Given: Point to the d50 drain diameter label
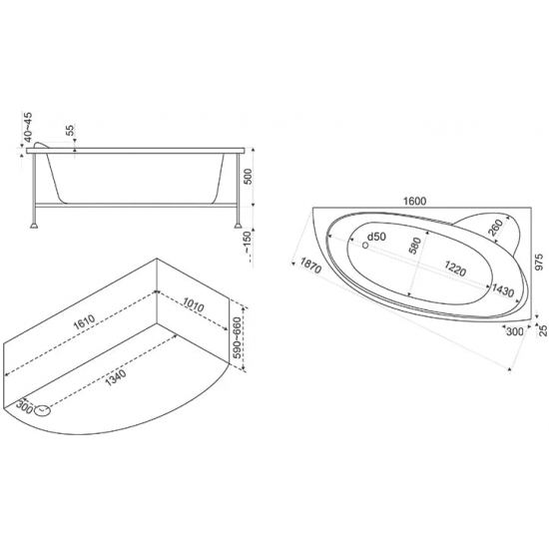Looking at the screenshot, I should (x=376, y=236).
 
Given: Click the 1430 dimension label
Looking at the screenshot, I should (x=502, y=289).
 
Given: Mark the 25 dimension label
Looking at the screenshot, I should (x=542, y=328).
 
